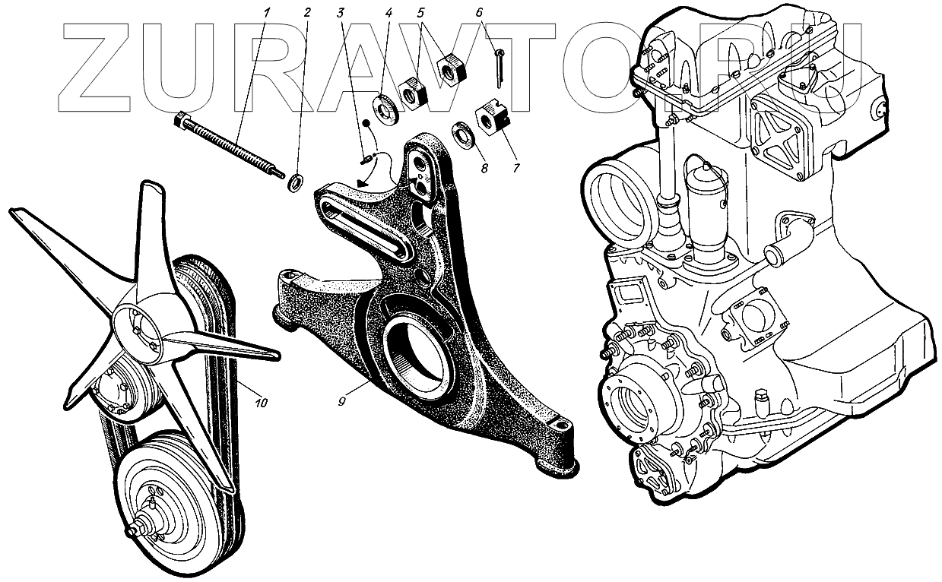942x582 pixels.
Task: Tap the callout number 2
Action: pos(307,12)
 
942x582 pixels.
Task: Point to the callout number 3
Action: pos(343,12)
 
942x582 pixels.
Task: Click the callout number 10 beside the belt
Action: pos(261,403)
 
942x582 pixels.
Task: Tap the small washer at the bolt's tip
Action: pos(295,183)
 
